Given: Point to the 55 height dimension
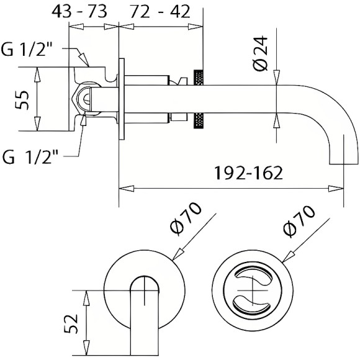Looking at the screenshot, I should [22, 99].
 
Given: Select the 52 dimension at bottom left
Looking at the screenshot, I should [73, 323].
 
